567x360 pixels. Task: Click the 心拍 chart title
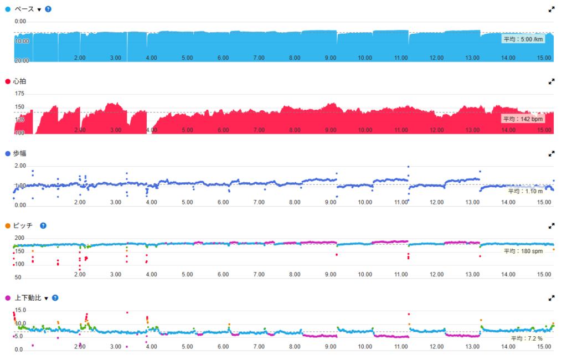19,81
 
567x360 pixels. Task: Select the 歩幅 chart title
19,153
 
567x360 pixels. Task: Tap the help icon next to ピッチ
43,225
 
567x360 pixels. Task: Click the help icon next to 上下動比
55,298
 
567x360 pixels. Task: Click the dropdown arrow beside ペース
39,10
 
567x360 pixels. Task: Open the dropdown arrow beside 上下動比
47,298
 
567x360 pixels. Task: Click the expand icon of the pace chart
551,9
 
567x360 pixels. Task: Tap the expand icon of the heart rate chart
551,81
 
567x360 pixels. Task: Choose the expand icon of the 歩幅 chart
551,153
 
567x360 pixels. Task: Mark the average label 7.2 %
527,338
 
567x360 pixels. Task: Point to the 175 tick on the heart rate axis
19,94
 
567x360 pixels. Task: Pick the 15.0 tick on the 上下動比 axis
20,310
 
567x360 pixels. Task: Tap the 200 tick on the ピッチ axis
20,238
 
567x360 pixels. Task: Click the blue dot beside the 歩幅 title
7,153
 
